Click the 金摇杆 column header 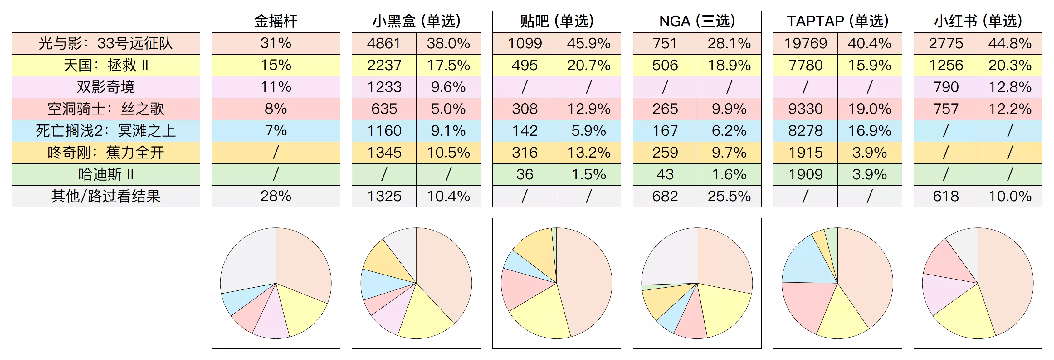click(276, 21)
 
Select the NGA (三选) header click(697, 21)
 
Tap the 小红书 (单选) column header click(978, 21)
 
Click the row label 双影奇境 click(105, 87)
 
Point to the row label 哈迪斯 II click(105, 175)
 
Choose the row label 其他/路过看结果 click(105, 196)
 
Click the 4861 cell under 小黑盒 click(384, 43)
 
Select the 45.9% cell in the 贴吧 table click(588, 43)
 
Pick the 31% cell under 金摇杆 click(276, 43)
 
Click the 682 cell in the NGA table click(665, 196)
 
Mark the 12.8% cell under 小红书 click(1010, 87)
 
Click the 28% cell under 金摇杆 click(276, 196)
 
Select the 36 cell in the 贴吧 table click(524, 175)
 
